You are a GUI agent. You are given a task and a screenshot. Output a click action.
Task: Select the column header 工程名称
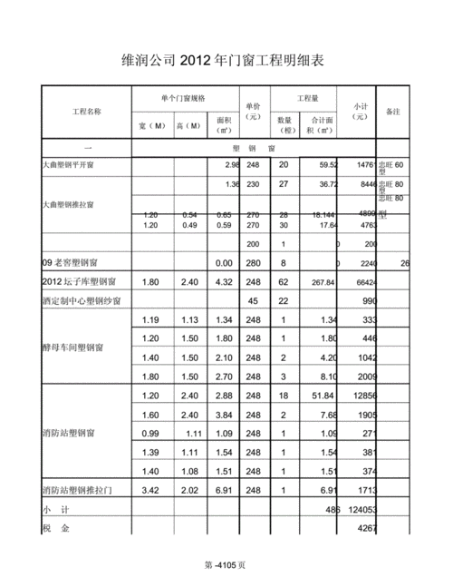click(87, 112)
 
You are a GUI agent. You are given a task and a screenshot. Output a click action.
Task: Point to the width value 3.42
click(150, 490)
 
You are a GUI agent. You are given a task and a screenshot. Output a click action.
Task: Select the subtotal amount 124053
click(361, 510)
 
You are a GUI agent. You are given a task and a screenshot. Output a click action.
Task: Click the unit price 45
click(253, 300)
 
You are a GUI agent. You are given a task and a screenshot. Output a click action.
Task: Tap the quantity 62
click(283, 281)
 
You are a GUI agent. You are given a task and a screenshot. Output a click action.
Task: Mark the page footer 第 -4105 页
click(226, 564)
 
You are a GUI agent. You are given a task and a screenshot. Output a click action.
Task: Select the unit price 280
click(253, 262)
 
